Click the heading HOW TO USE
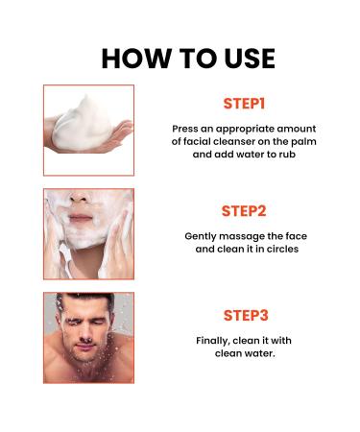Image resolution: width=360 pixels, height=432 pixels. pos(188,58)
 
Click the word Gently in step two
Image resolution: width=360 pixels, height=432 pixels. pos(203,234)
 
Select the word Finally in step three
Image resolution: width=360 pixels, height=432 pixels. pos(213,339)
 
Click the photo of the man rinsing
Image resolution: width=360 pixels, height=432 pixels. pos(88,338)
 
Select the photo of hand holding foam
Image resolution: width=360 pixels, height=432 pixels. pos(88,130)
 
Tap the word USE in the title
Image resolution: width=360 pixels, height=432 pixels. pos(246,58)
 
